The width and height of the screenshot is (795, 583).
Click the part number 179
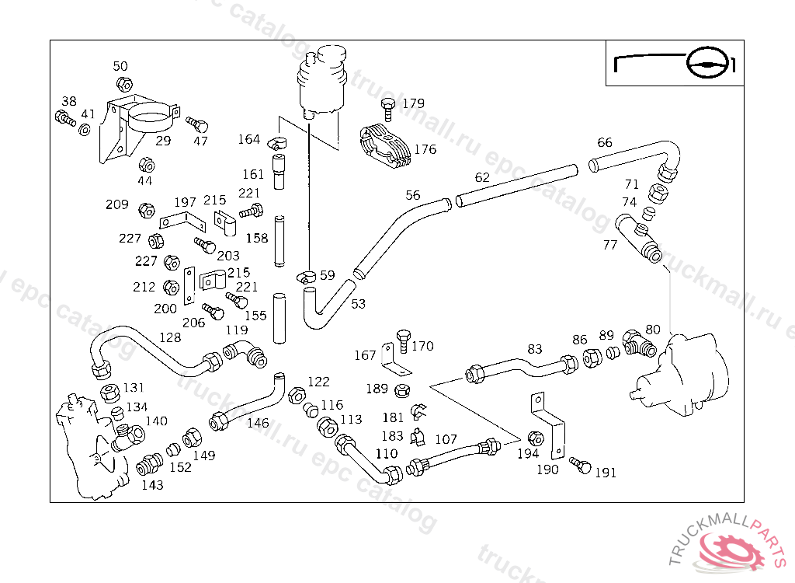(413, 103)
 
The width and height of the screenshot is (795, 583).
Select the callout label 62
(482, 177)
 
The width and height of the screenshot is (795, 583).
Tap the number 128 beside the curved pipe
(170, 337)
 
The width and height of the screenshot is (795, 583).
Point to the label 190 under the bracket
(547, 470)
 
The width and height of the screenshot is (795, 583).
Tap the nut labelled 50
(123, 84)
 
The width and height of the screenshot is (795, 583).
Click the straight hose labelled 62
(517, 184)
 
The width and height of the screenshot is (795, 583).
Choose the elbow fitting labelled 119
(247, 356)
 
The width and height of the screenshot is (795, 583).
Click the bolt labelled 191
(580, 465)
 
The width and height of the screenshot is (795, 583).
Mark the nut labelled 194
(535, 437)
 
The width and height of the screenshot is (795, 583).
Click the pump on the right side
(684, 371)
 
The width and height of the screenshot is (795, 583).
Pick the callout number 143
(153, 485)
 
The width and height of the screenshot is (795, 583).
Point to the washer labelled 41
(85, 129)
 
